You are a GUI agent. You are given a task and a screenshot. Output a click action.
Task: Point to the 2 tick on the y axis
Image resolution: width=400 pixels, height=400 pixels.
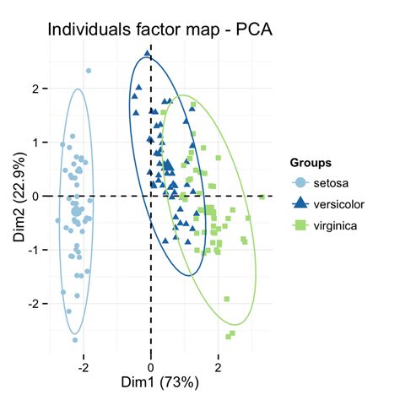pos(35,88)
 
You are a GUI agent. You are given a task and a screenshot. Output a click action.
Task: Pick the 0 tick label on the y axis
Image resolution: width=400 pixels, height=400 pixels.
pos(35,196)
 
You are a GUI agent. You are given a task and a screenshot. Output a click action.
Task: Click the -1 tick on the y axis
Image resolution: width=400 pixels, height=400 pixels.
pos(34,250)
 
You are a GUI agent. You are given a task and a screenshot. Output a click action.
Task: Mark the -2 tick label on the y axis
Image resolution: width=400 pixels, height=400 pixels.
pos(34,304)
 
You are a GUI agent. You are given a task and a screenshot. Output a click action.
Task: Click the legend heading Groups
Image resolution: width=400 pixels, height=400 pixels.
pos(309,162)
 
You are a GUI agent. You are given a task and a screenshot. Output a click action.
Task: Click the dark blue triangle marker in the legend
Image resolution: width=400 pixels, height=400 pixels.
pos(299,203)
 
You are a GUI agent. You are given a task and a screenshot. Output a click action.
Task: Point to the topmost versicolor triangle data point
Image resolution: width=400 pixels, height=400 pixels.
pos(148,53)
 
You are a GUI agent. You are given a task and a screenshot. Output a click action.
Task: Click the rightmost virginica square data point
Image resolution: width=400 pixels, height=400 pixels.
pos(262,197)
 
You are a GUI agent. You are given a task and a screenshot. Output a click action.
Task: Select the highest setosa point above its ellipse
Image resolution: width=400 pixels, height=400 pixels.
pos(89,71)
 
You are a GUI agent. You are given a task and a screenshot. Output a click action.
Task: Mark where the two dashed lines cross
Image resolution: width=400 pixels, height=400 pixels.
pos(151,196)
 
